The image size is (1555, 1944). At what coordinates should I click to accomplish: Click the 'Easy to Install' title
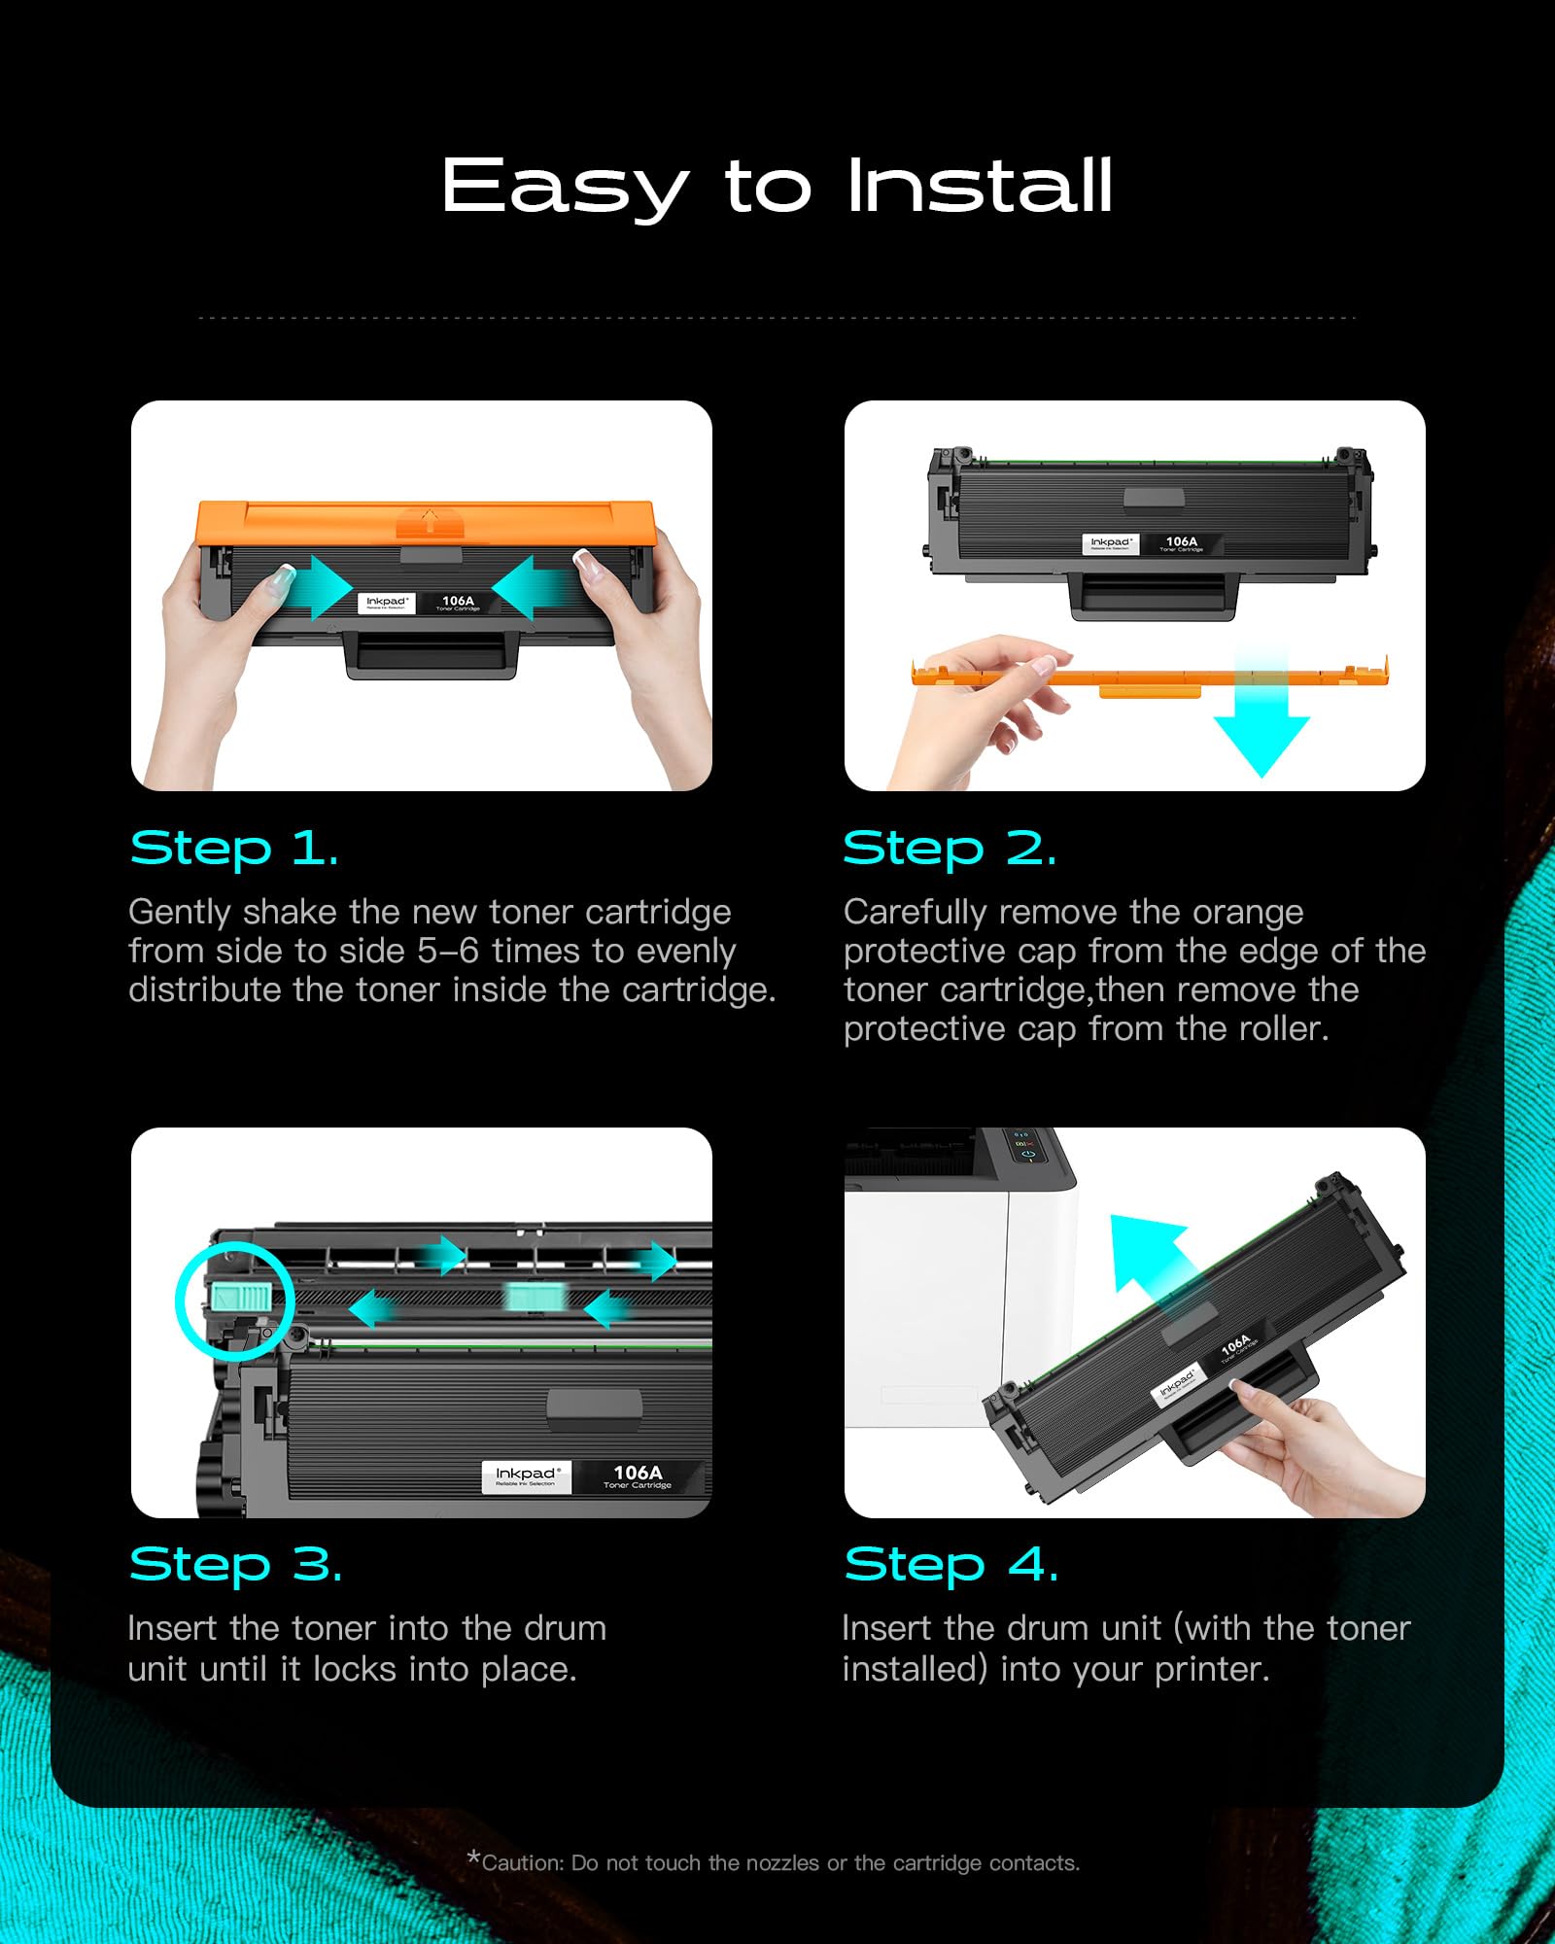[x=777, y=187]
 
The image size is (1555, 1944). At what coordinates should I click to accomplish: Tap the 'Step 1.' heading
[x=234, y=849]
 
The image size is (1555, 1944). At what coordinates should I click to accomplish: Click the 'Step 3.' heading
[x=236, y=1565]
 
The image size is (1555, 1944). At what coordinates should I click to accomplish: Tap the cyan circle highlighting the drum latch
[x=235, y=1301]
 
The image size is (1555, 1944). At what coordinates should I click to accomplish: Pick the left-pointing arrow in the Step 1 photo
[x=530, y=586]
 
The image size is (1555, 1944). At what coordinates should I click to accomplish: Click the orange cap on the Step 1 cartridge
[x=425, y=523]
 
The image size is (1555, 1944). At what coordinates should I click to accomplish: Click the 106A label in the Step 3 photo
[x=638, y=1475]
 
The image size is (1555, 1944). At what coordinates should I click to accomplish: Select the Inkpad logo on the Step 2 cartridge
[x=1110, y=543]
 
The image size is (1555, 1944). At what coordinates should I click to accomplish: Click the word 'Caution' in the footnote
[x=522, y=1863]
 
